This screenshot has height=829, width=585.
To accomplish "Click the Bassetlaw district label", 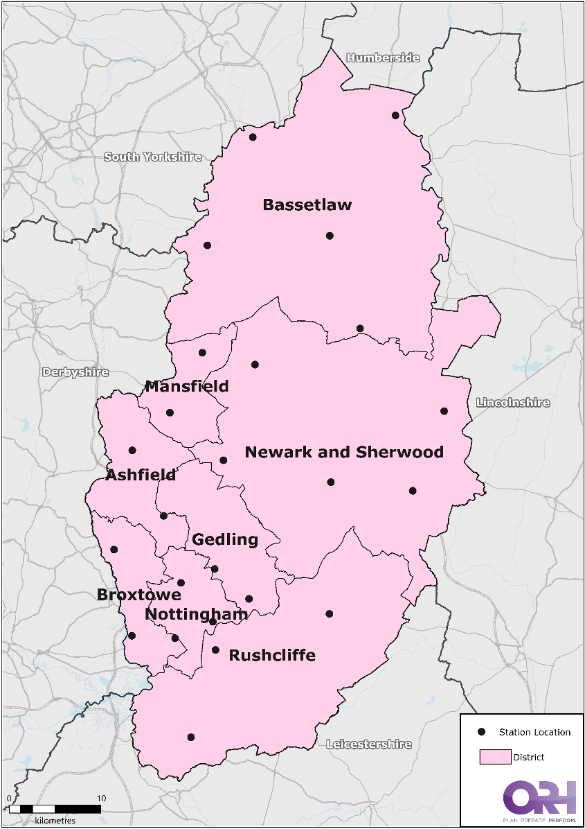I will [307, 205].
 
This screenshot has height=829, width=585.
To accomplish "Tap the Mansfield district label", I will [186, 387].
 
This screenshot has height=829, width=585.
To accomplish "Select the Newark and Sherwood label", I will [344, 453].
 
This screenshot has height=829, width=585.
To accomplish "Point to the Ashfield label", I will [141, 475].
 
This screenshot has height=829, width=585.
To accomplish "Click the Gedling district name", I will [225, 540].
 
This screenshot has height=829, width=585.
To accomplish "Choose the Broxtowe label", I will [139, 595].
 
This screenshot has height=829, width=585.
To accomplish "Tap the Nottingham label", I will [196, 615].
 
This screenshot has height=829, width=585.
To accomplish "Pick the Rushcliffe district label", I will [272, 656].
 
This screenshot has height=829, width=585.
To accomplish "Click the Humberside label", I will [383, 58].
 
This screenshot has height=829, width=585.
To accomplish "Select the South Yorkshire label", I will [153, 157].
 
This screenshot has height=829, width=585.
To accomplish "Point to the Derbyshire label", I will [75, 372].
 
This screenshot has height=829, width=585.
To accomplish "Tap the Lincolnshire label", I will [513, 403].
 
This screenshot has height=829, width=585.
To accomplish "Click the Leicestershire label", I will [369, 744].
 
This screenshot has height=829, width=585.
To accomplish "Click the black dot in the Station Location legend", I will [483, 732].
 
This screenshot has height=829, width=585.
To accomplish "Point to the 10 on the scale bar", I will [101, 799].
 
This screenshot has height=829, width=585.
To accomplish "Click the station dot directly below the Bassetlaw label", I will [330, 236].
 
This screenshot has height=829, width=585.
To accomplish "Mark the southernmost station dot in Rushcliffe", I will [191, 737].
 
